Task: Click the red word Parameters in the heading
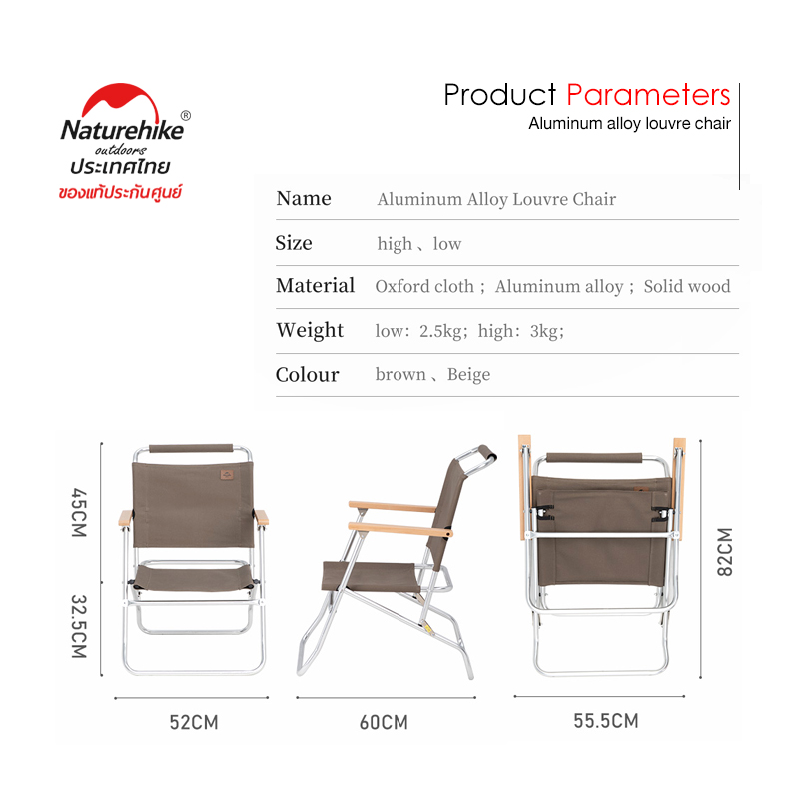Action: [648, 95]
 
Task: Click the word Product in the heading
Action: [500, 95]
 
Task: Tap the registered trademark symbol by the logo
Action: [186, 116]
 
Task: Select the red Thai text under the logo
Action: [120, 192]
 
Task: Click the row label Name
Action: [304, 198]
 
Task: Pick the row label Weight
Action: [310, 331]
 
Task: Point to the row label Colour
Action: [308, 375]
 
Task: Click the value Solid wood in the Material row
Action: [687, 286]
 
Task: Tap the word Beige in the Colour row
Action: [468, 375]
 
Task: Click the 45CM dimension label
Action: [79, 512]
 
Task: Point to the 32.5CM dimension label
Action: [79, 626]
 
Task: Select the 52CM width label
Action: [194, 722]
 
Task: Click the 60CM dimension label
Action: [384, 722]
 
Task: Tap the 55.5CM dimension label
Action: [606, 721]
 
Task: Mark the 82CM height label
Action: [725, 552]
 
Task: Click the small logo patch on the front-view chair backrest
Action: [227, 475]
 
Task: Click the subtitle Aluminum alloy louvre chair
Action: [630, 123]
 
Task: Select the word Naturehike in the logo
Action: [122, 130]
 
